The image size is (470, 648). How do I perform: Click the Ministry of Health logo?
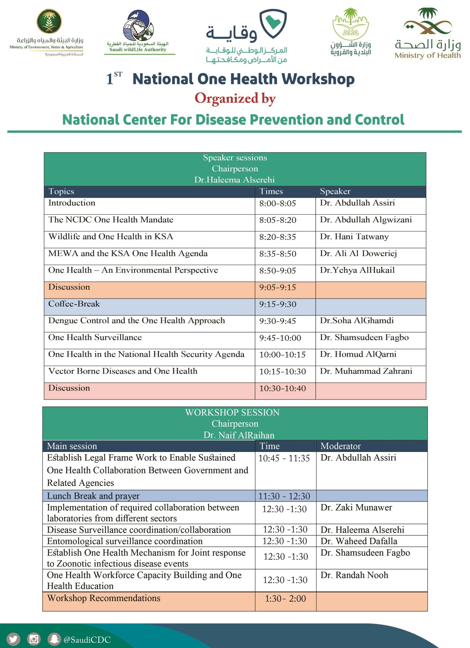coord(428,34)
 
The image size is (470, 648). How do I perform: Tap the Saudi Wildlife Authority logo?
coord(138,32)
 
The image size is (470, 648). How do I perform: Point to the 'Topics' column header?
coord(61,191)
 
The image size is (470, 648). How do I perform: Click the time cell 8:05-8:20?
coord(278,220)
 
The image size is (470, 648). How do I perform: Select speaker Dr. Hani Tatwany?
coord(354,237)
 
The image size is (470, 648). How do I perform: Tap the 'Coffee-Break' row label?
coord(74,304)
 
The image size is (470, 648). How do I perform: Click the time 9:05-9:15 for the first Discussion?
coord(277,287)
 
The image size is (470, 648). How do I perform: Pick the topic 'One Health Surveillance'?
coord(95,337)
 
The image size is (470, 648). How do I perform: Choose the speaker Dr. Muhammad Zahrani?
coord(366,371)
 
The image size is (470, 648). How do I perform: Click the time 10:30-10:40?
coord(282,388)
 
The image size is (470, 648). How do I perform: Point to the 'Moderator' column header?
coord(340,446)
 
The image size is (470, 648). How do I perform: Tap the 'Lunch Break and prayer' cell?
coord(93,496)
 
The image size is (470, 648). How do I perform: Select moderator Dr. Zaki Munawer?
coord(356,507)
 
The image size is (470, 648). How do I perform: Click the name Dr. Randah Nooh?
coord(354,575)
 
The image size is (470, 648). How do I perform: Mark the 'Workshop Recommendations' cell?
coord(104,598)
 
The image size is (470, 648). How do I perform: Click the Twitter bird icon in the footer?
coord(13,639)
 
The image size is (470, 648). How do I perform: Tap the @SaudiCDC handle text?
coord(87,640)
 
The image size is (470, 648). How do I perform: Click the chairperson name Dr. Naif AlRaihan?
coord(239,435)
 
